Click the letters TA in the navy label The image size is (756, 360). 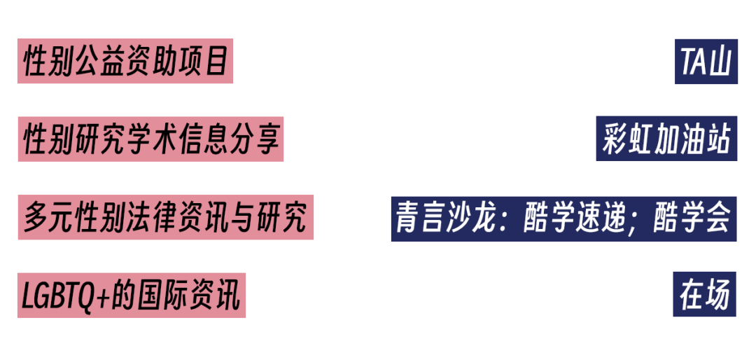693,62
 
